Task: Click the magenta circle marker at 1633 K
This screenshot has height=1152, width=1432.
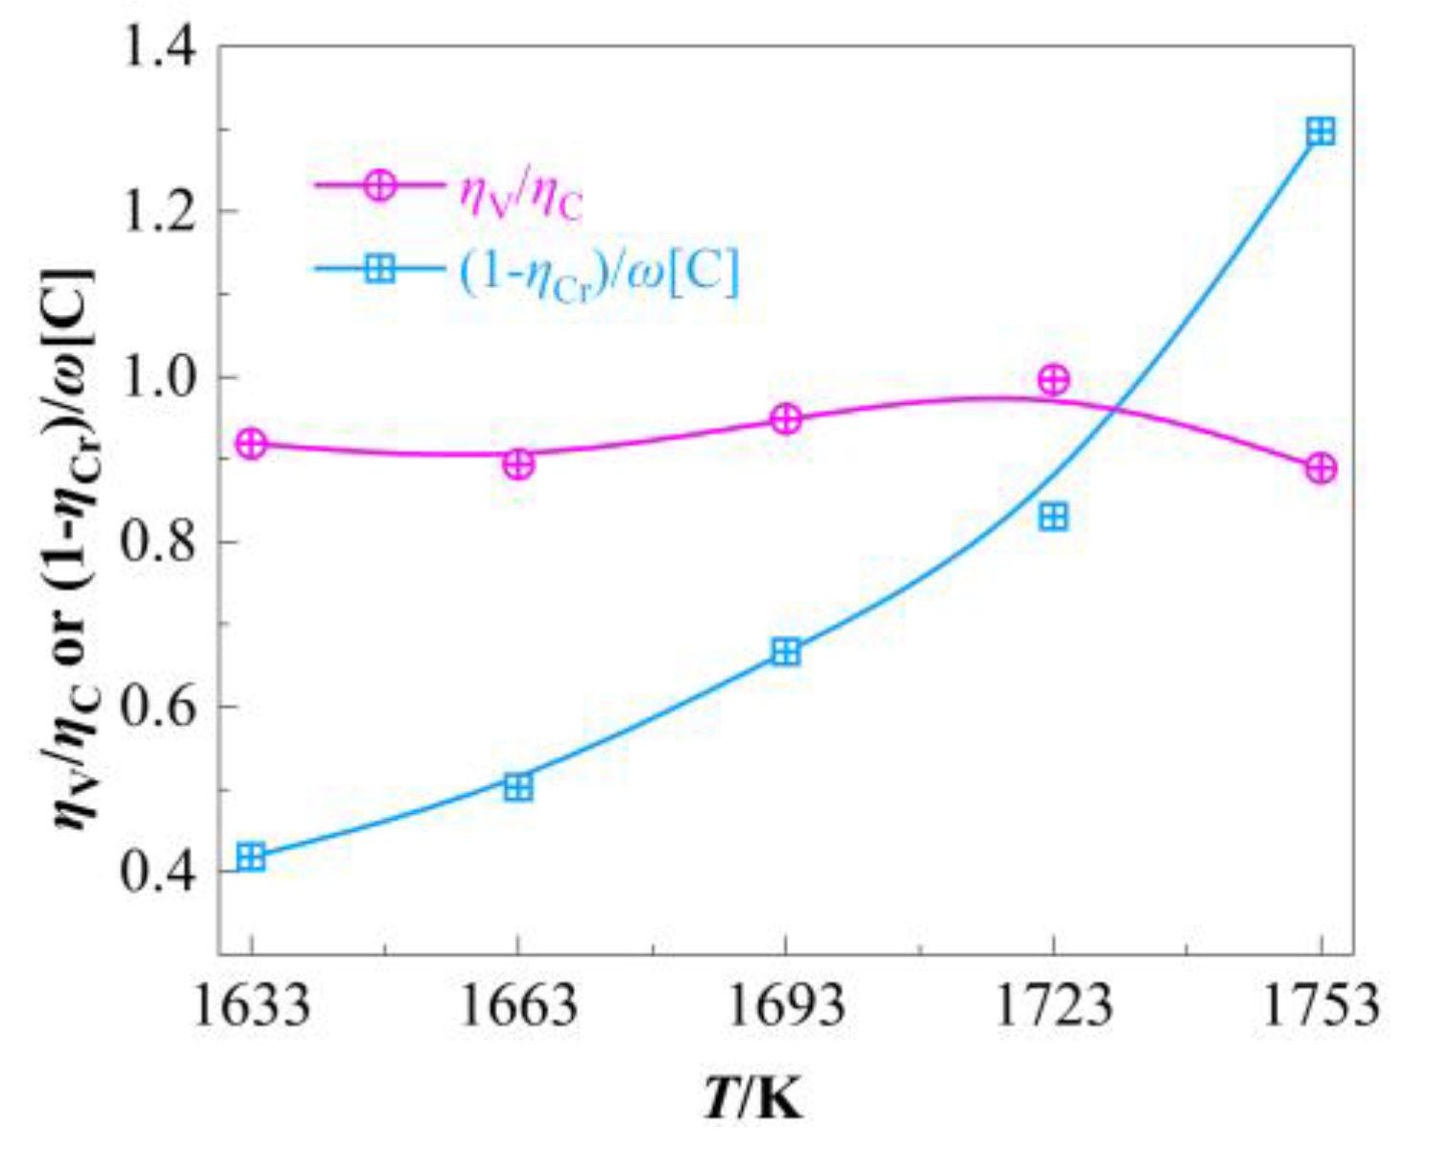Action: [x=251, y=444]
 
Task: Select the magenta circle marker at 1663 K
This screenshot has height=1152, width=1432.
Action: [x=518, y=465]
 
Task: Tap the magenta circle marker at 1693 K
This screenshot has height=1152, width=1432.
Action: [x=786, y=420]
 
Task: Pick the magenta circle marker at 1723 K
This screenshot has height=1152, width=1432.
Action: [x=1053, y=380]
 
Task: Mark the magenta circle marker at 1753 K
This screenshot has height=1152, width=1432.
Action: [x=1321, y=469]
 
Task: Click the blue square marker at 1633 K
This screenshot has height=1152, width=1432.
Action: [x=251, y=857]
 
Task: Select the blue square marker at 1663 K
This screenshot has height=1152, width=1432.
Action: [x=518, y=788]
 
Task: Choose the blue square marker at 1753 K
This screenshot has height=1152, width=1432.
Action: [x=1321, y=132]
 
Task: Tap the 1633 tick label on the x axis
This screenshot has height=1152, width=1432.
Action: [x=251, y=1006]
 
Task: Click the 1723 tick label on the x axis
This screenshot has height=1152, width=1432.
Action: [x=1053, y=1006]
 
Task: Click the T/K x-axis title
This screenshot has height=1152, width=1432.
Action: [x=753, y=1100]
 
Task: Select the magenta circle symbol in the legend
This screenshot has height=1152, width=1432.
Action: [x=381, y=185]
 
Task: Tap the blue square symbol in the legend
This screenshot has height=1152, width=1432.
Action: [x=381, y=270]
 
